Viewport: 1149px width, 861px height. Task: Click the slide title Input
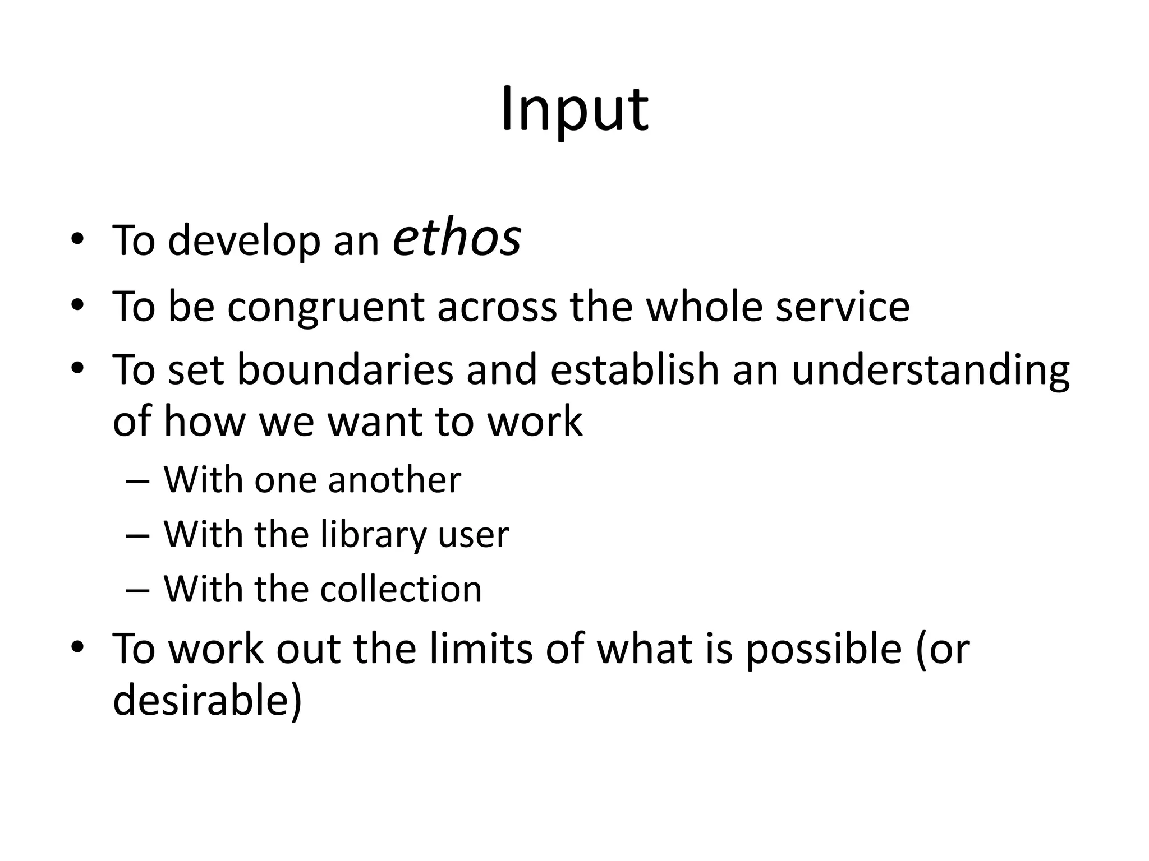[574, 110]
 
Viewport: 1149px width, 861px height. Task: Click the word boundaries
[345, 370]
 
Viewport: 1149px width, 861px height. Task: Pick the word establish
[635, 370]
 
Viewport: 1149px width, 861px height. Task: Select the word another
[394, 480]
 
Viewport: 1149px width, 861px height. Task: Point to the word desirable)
[208, 701]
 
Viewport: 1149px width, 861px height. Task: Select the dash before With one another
[139, 481]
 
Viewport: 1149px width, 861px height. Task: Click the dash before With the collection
[139, 590]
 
